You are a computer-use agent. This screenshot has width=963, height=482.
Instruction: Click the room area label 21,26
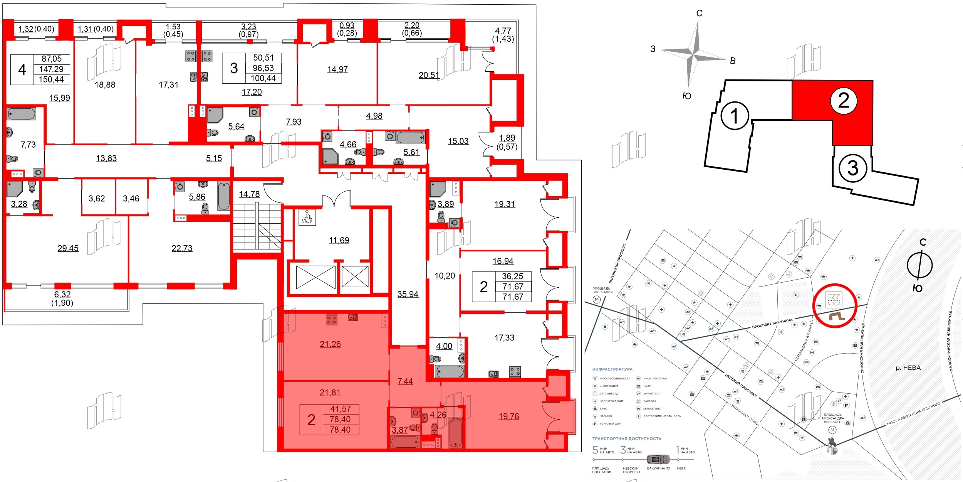pyautogui.click(x=330, y=344)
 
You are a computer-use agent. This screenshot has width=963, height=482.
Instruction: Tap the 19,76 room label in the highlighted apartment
pyautogui.click(x=508, y=416)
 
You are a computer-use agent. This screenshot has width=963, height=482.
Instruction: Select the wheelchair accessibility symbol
pyautogui.click(x=307, y=217)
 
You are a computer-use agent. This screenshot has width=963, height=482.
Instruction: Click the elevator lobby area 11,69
pyautogui.click(x=339, y=241)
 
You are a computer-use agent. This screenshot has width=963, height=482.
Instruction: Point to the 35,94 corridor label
pyautogui.click(x=408, y=294)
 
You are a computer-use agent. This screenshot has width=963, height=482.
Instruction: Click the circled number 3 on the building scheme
pyautogui.click(x=853, y=168)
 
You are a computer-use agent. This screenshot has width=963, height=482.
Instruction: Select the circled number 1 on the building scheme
pyautogui.click(x=735, y=116)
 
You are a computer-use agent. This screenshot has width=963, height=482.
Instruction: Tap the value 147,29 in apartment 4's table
pyautogui.click(x=51, y=69)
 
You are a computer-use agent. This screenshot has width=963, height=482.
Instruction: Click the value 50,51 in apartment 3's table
pyautogui.click(x=263, y=58)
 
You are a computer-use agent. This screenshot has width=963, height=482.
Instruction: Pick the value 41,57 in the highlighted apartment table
pyautogui.click(x=340, y=409)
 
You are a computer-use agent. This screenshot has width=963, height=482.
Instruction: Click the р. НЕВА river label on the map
pyautogui.click(x=908, y=368)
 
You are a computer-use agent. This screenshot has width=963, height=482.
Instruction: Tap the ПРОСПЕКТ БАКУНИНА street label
pyautogui.click(x=772, y=323)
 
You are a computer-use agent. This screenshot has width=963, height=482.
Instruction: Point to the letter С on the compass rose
pyautogui.click(x=699, y=13)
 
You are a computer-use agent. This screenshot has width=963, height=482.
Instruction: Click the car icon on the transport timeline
pyautogui.click(x=658, y=459)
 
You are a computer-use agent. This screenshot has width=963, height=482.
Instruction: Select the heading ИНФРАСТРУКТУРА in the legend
pyautogui.click(x=612, y=369)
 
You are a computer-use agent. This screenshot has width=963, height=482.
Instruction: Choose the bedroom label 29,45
pyautogui.click(x=68, y=248)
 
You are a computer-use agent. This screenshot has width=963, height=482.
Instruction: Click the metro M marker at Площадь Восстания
pyautogui.click(x=597, y=300)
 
